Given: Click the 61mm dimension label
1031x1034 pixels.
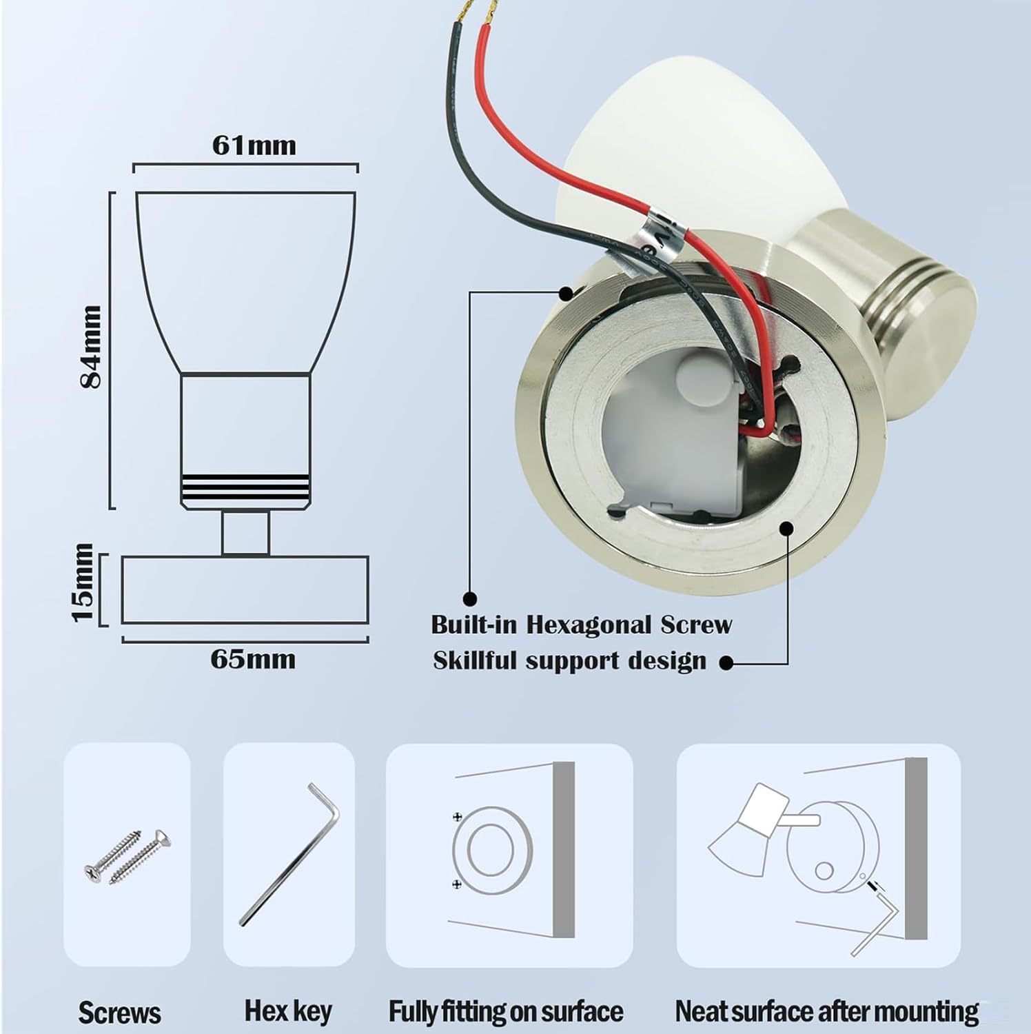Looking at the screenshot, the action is click(x=254, y=145).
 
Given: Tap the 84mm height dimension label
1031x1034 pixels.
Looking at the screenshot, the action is click(x=90, y=347).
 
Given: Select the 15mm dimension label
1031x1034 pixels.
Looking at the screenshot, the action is click(x=83, y=582).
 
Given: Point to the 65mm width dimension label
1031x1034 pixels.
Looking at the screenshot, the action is click(x=253, y=660).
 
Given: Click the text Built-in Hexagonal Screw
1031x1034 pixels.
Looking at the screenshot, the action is click(x=581, y=625).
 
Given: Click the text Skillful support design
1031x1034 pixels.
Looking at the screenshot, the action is click(x=569, y=661).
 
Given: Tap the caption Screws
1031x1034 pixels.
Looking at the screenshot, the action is click(x=119, y=1013).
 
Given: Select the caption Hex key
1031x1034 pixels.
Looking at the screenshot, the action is click(x=288, y=1011).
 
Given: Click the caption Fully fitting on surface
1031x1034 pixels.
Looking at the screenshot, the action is click(x=506, y=1011).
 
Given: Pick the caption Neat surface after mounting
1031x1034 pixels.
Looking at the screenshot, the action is click(x=826, y=1011).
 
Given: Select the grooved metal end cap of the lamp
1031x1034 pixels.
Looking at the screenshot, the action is click(x=923, y=303).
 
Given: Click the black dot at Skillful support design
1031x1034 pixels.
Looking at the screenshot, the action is click(x=725, y=663).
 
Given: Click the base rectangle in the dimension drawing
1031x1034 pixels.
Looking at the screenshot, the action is click(x=245, y=589).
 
